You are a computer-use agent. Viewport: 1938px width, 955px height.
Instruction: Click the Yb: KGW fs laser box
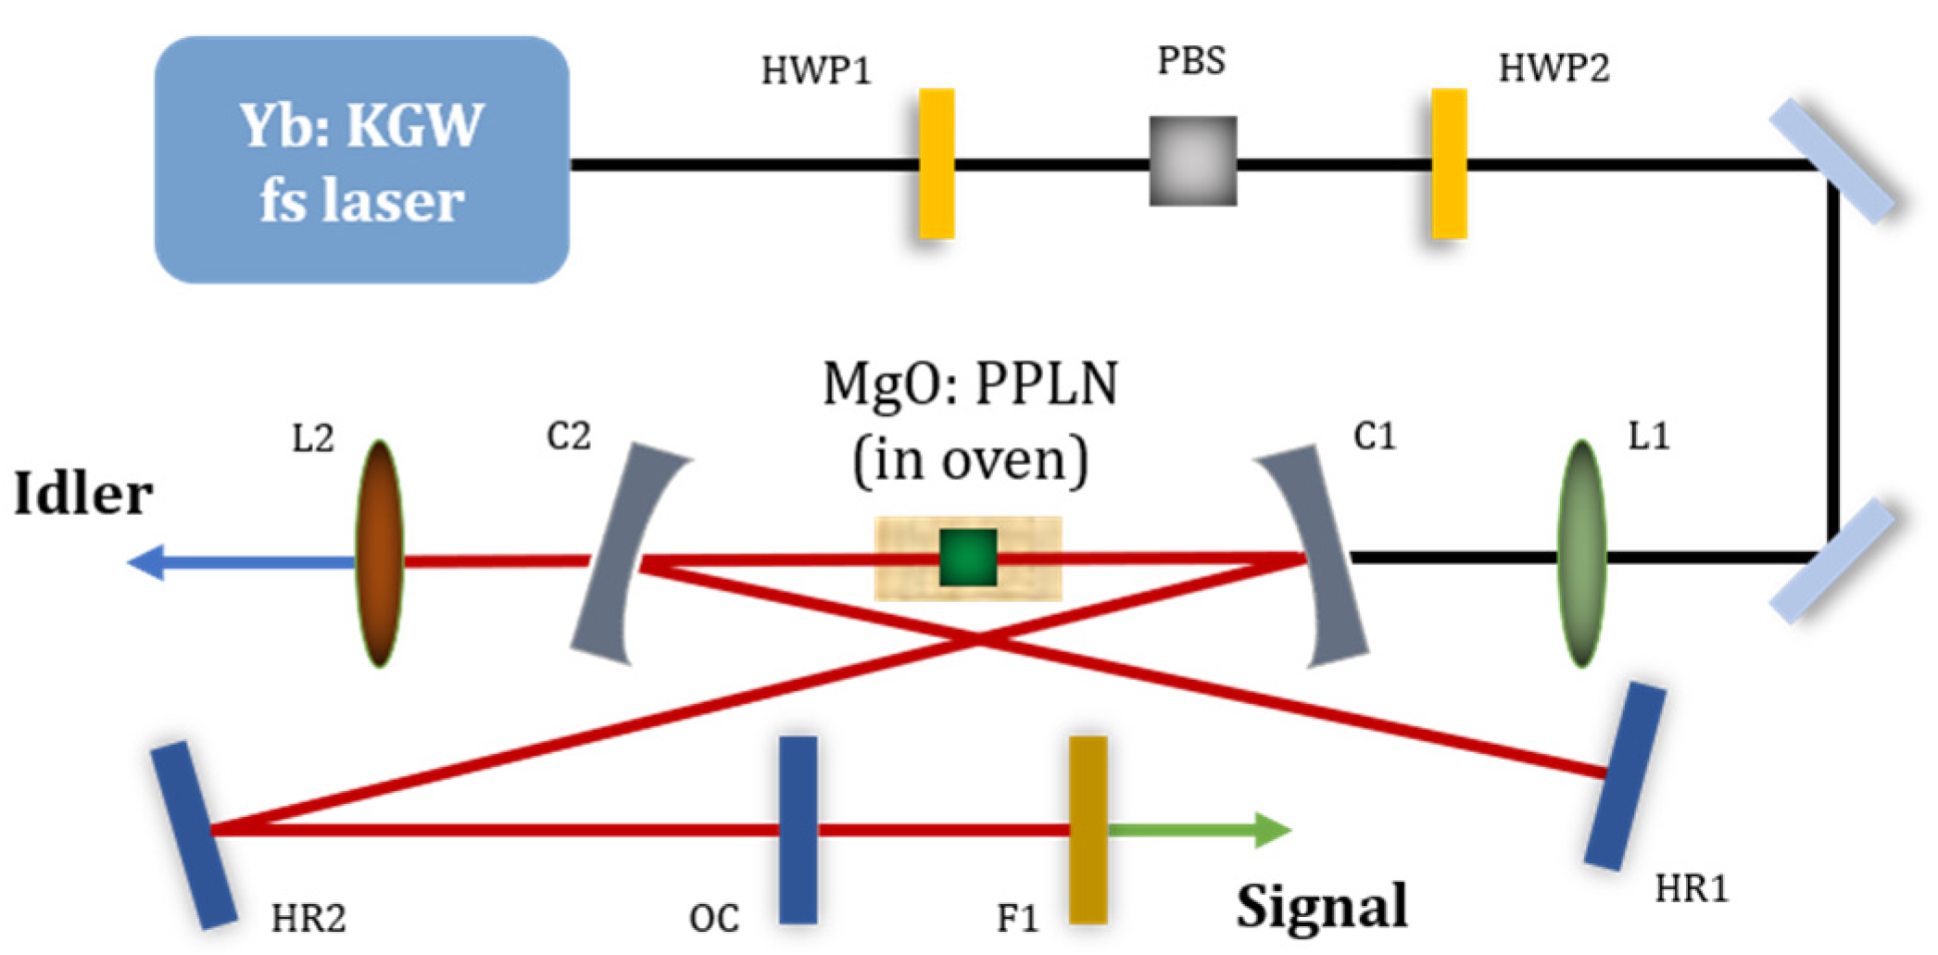pos(361,159)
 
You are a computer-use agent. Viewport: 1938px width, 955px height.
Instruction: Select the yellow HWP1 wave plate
pos(937,164)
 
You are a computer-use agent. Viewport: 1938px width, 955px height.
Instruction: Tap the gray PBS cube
pos(1193,161)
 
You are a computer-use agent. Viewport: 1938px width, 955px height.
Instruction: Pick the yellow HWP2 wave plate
pos(1449,164)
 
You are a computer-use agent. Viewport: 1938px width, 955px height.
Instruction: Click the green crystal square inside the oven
pos(968,558)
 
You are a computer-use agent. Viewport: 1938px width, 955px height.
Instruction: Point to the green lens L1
pos(1581,554)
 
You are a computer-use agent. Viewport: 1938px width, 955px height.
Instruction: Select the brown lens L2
pos(379,554)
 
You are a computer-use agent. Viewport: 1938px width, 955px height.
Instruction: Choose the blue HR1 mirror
pos(1625,776)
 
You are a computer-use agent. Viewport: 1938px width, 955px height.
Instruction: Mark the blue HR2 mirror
pos(194,834)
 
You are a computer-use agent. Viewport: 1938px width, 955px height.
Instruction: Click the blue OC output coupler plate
pos(798,830)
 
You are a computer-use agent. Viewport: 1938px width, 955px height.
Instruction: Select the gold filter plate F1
pos(1088,830)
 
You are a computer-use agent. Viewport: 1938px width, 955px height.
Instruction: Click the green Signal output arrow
pos(1204,830)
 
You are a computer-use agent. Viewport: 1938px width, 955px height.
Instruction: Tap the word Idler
pos(83,494)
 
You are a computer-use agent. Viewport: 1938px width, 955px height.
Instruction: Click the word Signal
pos(1322,906)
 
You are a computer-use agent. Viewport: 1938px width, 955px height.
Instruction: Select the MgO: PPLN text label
pos(970,383)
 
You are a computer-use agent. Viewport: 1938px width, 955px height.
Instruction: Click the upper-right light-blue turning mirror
pos(1832,161)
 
